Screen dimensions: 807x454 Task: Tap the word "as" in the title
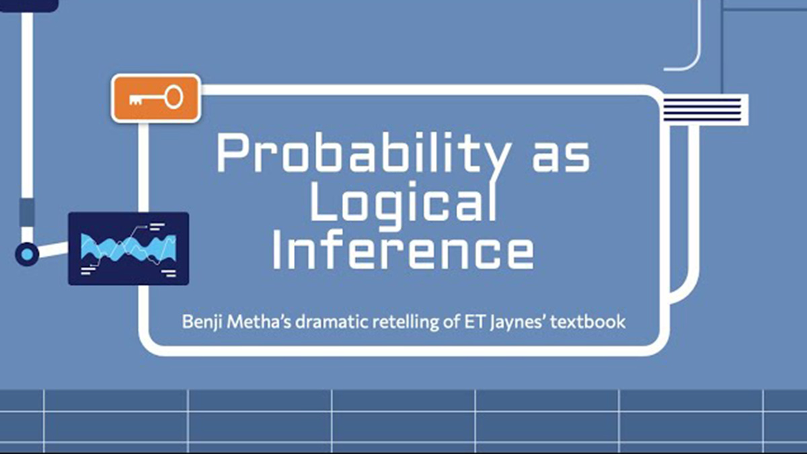(x=562, y=157)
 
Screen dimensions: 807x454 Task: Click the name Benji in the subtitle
(x=202, y=322)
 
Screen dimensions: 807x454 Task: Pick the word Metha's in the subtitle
(x=259, y=321)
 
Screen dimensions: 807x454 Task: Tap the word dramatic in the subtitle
(x=332, y=321)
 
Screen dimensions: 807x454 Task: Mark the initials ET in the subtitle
(x=475, y=321)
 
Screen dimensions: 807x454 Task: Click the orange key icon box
(x=156, y=98)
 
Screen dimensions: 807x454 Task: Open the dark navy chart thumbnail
(x=128, y=249)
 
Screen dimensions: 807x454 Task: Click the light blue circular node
(x=27, y=254)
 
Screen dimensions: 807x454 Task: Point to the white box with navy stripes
(x=705, y=110)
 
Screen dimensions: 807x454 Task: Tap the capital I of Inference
(x=276, y=250)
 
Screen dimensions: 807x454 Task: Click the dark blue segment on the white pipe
(x=27, y=213)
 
